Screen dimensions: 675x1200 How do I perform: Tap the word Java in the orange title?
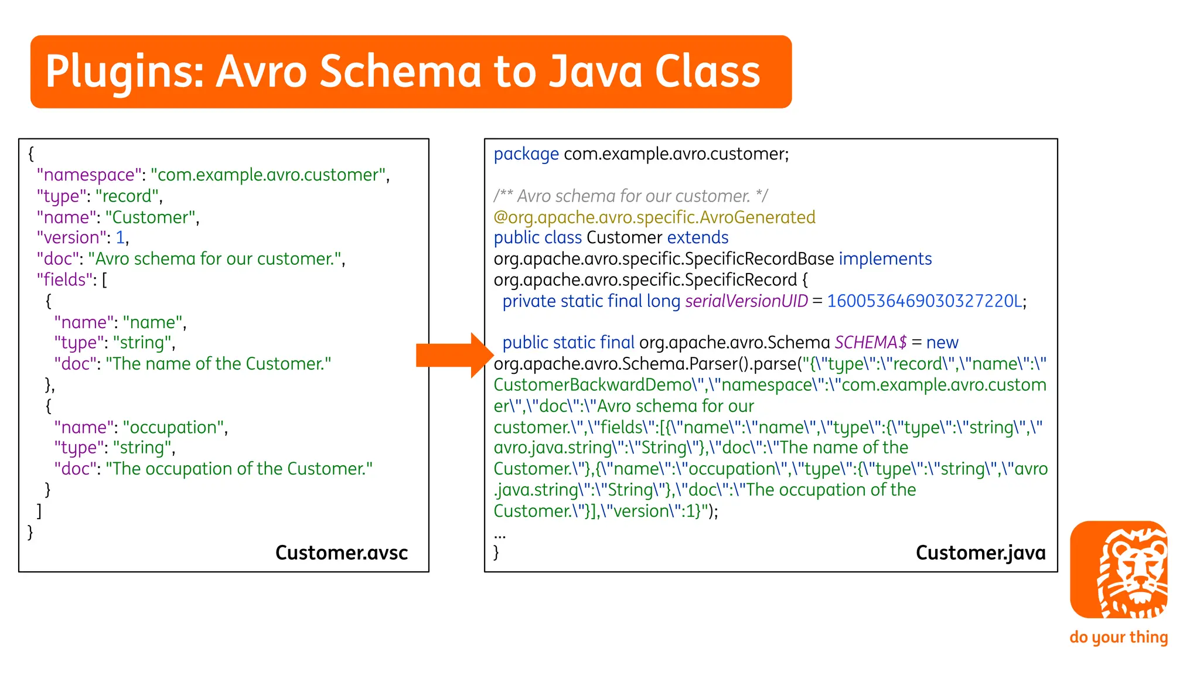pos(596,71)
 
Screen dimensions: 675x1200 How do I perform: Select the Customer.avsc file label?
pos(341,553)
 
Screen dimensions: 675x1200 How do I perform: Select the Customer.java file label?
pos(980,553)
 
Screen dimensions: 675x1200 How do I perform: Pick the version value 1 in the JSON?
pos(120,237)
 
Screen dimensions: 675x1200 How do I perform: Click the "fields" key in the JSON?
pos(64,279)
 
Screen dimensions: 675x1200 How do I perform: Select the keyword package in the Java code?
pos(526,154)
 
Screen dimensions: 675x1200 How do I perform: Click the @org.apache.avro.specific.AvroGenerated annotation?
pos(654,217)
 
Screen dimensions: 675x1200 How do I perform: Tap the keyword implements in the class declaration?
pos(885,258)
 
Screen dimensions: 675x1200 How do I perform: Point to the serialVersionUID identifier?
pos(746,301)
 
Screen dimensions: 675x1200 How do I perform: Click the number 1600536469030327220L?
pos(924,301)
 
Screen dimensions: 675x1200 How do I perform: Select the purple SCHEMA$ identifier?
pos(870,342)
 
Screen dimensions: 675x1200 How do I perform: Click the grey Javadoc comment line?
pos(630,196)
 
